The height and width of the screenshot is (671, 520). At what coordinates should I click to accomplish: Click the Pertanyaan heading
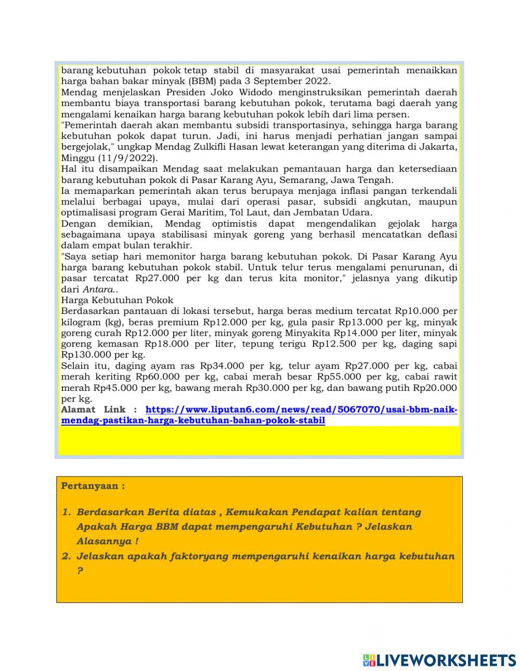tap(93, 486)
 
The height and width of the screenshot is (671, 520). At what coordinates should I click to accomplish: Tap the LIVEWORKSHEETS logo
tap(439, 660)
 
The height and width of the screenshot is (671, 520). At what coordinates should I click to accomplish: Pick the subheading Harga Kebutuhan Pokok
tap(117, 300)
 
